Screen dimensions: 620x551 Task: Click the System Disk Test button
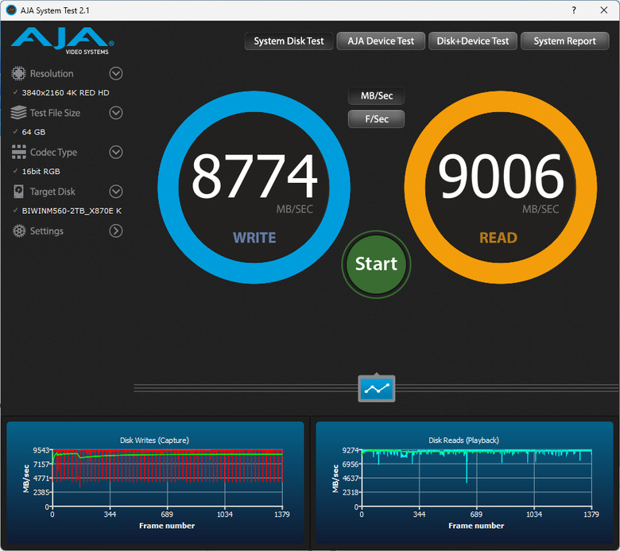coord(289,41)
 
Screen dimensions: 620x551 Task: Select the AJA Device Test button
coord(381,41)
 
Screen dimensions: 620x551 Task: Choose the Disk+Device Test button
coord(473,41)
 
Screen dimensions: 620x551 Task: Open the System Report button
coord(564,41)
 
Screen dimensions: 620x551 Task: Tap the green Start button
coord(377,264)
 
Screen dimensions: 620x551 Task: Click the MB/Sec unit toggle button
coord(377,96)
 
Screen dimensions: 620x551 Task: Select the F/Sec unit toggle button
coord(377,119)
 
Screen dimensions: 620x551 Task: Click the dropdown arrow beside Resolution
coord(116,74)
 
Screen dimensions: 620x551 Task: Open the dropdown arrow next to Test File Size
coord(116,113)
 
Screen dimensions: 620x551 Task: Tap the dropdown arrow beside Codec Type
coord(116,152)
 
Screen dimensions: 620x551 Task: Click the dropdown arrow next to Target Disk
coord(116,192)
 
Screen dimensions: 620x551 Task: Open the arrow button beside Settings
coord(116,231)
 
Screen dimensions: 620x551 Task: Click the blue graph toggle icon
coord(377,389)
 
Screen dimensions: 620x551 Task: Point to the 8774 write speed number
coord(254,176)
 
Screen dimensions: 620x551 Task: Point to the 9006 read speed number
coord(501,176)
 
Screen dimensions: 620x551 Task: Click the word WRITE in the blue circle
coord(254,238)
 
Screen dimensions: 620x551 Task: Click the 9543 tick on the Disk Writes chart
coord(41,450)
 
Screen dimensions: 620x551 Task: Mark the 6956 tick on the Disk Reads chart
coord(351,464)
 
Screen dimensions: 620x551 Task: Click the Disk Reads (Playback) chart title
coord(464,440)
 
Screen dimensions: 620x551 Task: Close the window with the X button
coord(604,10)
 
